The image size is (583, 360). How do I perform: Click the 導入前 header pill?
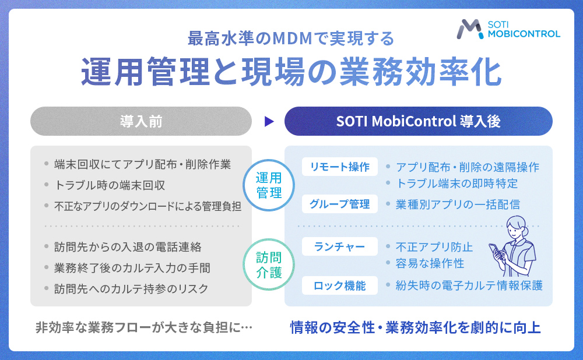pyautogui.click(x=141, y=121)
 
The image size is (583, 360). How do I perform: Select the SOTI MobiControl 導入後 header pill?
pyautogui.click(x=418, y=121)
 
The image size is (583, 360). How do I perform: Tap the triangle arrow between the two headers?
pyautogui.click(x=268, y=121)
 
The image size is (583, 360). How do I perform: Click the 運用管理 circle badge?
pyautogui.click(x=269, y=185)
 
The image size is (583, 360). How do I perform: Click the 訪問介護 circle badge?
pyautogui.click(x=269, y=264)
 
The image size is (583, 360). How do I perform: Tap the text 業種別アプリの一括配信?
pyautogui.click(x=458, y=204)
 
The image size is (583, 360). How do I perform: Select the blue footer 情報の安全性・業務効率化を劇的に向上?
pyautogui.click(x=416, y=327)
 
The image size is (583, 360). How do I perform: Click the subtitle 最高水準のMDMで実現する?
pyautogui.click(x=291, y=38)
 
